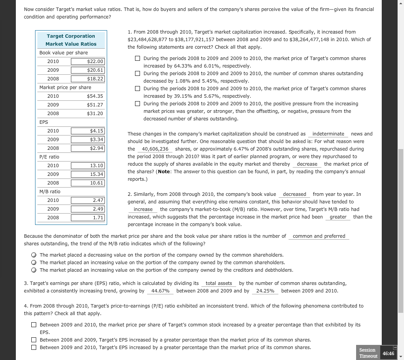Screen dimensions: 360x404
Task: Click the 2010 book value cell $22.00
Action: coord(88,61)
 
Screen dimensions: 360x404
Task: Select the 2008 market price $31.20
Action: coord(88,113)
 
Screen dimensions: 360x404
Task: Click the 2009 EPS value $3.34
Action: coord(88,140)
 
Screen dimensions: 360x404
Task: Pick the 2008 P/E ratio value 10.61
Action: coord(88,183)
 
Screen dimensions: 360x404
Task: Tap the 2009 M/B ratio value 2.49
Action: coord(88,209)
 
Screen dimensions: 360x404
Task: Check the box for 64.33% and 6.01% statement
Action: coord(138,58)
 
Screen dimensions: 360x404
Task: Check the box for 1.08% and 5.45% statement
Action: coord(138,74)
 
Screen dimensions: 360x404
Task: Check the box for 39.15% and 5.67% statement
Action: coord(138,89)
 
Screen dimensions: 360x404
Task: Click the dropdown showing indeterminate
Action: coord(328,134)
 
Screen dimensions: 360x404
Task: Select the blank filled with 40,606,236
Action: coord(155,149)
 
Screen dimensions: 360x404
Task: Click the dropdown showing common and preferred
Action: coord(319,236)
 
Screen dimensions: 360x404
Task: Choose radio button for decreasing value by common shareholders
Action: coord(34,255)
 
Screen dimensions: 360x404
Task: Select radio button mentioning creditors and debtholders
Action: coord(34,270)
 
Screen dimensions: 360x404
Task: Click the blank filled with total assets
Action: coord(219,283)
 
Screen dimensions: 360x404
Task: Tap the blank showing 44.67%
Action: coord(160,291)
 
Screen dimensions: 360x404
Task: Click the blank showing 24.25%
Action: coord(265,291)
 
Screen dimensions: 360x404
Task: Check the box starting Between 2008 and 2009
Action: coord(34,340)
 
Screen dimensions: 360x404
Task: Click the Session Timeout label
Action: coord(368,353)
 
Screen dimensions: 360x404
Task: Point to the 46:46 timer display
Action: coord(388,353)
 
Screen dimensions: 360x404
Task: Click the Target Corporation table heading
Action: coord(71,36)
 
